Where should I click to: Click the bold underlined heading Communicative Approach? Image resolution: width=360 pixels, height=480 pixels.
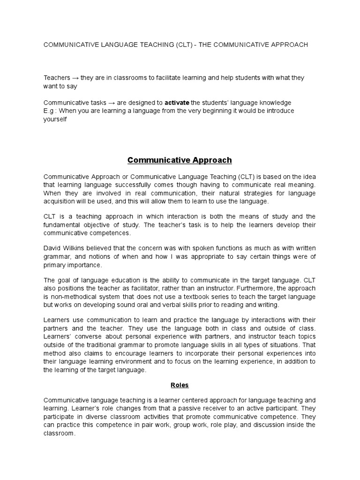(180, 160)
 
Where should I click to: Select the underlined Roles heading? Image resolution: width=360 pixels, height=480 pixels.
(180, 385)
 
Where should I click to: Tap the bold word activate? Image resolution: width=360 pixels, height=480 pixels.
(177, 102)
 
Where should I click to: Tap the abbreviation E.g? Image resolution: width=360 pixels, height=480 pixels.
(50, 110)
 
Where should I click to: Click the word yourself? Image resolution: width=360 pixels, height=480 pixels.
(55, 119)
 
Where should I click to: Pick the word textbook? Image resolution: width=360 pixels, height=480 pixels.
(187, 297)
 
